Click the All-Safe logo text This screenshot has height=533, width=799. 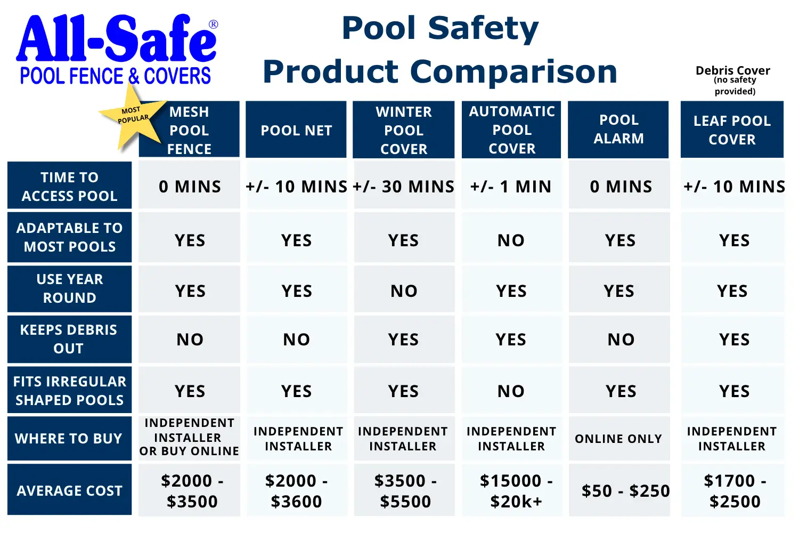(x=116, y=38)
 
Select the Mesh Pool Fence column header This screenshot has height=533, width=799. (x=189, y=129)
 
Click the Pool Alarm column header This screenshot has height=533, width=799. (x=618, y=129)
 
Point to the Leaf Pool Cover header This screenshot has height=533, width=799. (x=732, y=129)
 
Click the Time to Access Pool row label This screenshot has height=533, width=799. (x=70, y=185)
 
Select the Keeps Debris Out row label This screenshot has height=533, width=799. (x=70, y=339)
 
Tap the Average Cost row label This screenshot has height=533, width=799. (x=70, y=489)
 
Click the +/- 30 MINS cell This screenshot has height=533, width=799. (x=404, y=185)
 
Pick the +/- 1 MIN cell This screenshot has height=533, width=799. (x=511, y=185)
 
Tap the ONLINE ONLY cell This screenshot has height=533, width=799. (x=619, y=439)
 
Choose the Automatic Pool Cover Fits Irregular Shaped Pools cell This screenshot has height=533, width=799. (x=511, y=390)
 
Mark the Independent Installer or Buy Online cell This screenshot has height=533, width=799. (x=189, y=437)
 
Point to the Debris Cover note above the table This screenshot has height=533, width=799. (x=733, y=80)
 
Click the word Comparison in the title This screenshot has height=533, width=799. (x=513, y=72)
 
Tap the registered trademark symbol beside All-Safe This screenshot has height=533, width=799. (x=213, y=25)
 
